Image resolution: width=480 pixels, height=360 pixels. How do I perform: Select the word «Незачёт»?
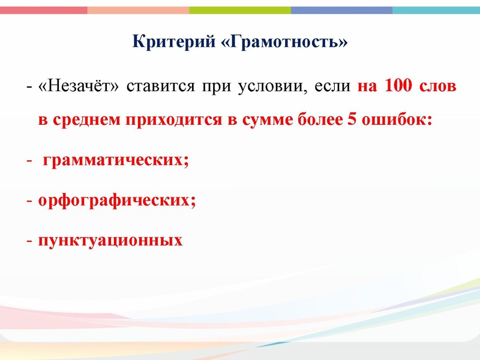pyautogui.click(x=79, y=87)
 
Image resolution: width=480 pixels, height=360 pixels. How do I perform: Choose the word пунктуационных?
pyautogui.click(x=110, y=241)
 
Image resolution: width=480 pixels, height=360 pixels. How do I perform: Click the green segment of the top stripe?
pyautogui.click(x=240, y=10)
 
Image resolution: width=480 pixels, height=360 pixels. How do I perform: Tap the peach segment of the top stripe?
pyautogui.click(x=138, y=10)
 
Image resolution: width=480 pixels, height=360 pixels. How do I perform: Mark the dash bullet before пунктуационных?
pyautogui.click(x=29, y=241)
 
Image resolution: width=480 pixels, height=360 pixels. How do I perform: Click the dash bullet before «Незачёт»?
pyautogui.click(x=29, y=87)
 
